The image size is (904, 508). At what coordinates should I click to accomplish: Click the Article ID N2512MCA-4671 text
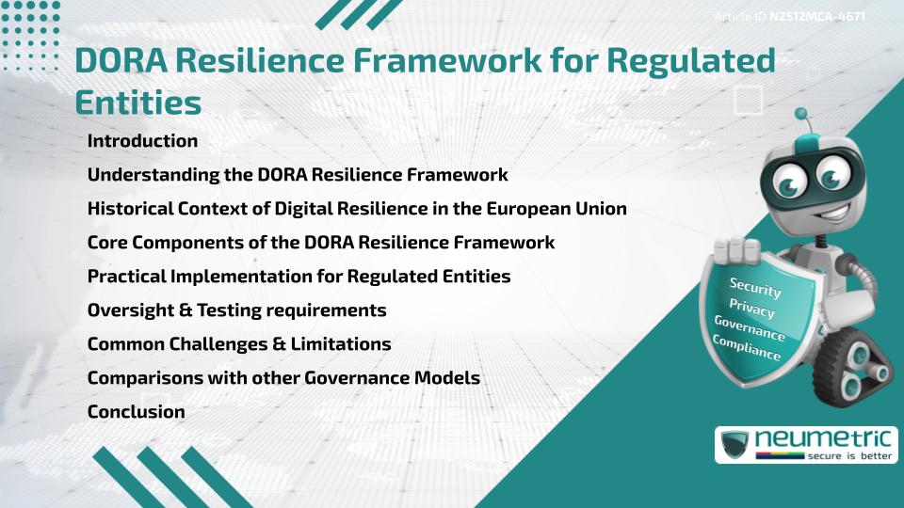(790, 16)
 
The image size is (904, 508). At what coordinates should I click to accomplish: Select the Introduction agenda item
(142, 141)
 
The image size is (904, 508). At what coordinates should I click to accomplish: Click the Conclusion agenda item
(136, 411)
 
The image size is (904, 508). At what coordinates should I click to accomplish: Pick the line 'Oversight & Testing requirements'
(236, 310)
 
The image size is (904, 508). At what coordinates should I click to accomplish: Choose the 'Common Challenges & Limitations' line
(239, 343)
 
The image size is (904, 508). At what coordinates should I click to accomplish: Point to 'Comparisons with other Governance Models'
(283, 377)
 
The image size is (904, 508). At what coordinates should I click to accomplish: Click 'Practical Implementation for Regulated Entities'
(299, 276)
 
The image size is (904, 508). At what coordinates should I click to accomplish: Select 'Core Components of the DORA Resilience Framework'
(321, 242)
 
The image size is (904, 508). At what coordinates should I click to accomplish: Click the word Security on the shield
(755, 287)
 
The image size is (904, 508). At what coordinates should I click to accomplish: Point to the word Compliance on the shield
(747, 347)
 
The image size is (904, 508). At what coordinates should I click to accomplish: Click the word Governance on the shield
(750, 327)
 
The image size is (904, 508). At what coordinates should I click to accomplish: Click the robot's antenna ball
(801, 115)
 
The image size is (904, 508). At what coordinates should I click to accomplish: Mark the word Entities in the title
(137, 102)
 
